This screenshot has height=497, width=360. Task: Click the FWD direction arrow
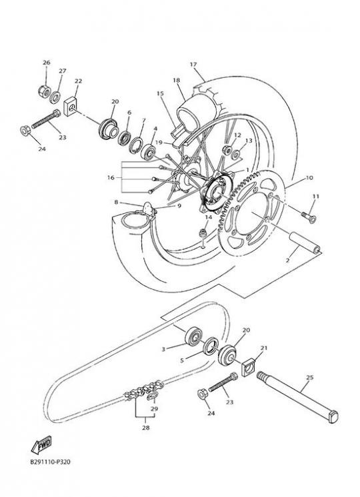pyautogui.click(x=41, y=445)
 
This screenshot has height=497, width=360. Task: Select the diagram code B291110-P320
pyautogui.click(x=51, y=462)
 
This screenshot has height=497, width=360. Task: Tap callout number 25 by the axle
pyautogui.click(x=310, y=377)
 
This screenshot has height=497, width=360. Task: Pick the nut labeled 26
pyautogui.click(x=44, y=91)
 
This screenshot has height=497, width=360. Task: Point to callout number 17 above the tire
pyautogui.click(x=193, y=65)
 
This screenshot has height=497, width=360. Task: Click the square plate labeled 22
pyautogui.click(x=71, y=106)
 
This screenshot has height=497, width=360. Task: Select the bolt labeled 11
pyautogui.click(x=308, y=217)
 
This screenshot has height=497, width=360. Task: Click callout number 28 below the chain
pyautogui.click(x=145, y=428)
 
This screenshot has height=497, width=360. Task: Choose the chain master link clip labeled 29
pyautogui.click(x=152, y=396)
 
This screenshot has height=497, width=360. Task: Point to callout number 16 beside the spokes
pyautogui.click(x=111, y=177)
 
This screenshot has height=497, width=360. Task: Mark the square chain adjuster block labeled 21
pyautogui.click(x=249, y=367)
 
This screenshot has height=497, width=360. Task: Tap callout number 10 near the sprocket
pyautogui.click(x=309, y=177)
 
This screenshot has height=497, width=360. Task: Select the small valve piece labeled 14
pyautogui.click(x=201, y=234)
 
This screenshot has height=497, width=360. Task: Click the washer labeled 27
pyautogui.click(x=55, y=97)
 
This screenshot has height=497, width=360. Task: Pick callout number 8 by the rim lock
pyautogui.click(x=116, y=202)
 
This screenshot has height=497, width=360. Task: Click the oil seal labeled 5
pyautogui.click(x=211, y=346)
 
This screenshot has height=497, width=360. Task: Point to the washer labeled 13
pyautogui.click(x=235, y=155)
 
